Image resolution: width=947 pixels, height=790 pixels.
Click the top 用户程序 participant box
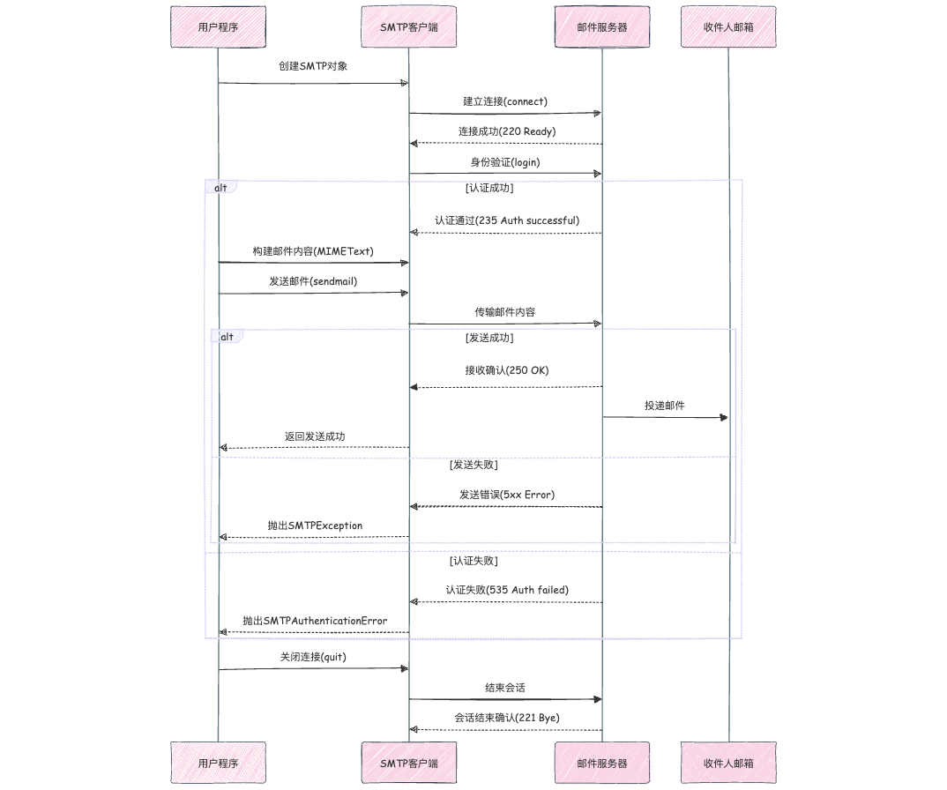point(218,26)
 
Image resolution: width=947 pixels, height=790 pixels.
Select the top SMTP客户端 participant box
point(408,26)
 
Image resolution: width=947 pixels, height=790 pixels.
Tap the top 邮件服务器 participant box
point(602,26)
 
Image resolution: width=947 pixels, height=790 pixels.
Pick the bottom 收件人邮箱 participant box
point(728,763)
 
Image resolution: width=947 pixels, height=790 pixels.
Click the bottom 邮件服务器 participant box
point(602,763)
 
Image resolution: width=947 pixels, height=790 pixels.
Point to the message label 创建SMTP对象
point(313,66)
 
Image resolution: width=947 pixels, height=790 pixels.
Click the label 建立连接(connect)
point(505,101)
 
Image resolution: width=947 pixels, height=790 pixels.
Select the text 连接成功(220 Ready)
point(506,131)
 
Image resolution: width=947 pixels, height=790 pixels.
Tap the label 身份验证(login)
point(505,162)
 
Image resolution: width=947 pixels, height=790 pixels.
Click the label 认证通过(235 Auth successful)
point(506,220)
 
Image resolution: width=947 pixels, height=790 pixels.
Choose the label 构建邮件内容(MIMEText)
point(313,251)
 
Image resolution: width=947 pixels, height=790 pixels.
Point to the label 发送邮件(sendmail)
point(313,281)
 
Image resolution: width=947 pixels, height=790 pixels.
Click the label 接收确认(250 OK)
point(506,370)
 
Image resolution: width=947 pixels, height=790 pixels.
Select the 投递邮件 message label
point(665,406)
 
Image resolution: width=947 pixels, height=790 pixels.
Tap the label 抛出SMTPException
point(315,525)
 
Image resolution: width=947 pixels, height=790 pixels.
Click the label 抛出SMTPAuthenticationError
point(315,621)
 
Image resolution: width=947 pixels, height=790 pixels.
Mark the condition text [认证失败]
point(474,561)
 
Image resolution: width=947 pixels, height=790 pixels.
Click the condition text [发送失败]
point(474,464)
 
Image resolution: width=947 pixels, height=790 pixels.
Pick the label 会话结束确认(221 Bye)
point(506,718)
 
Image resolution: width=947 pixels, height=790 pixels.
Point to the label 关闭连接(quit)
point(313,657)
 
